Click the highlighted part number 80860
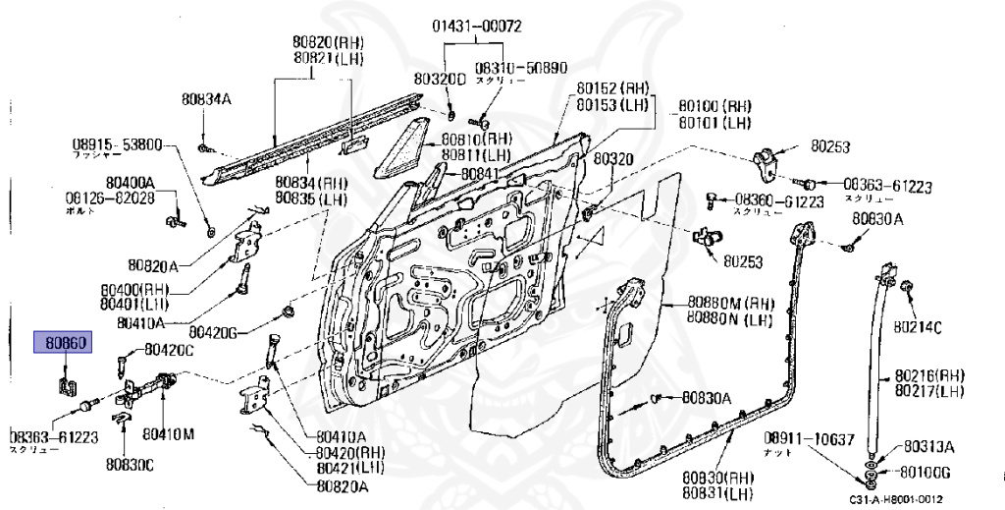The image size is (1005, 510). [x=63, y=344]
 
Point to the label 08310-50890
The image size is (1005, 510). [x=521, y=68]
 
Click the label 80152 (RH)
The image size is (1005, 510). [x=612, y=86]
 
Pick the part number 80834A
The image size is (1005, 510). [x=205, y=98]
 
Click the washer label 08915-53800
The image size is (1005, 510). [x=117, y=143]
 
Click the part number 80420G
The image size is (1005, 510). [x=215, y=331]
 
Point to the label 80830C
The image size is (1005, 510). [x=131, y=462]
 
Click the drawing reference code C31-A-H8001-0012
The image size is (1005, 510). [x=902, y=498]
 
